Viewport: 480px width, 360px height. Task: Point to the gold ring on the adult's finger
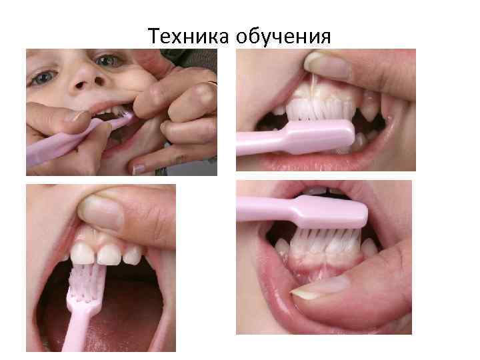point(212,85)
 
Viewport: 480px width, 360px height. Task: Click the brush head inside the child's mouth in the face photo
point(121,120)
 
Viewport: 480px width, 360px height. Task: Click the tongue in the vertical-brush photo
point(133,313)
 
